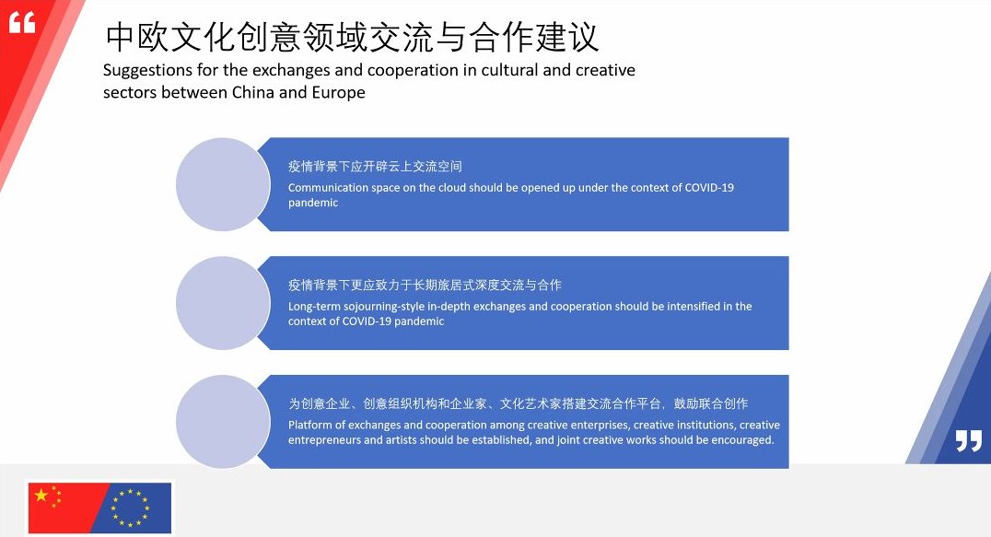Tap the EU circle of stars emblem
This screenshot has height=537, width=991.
[130, 508]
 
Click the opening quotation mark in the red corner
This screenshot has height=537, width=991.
[22, 23]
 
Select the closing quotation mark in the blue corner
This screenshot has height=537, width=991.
[968, 440]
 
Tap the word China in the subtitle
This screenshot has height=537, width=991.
[252, 92]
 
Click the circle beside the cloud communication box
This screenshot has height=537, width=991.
[223, 184]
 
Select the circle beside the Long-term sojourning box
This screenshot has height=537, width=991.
[223, 303]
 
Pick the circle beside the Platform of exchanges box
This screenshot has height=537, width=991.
[223, 422]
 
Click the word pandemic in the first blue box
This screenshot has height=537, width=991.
[313, 203]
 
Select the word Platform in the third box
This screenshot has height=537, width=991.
[309, 426]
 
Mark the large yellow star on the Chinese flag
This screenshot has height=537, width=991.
[41, 496]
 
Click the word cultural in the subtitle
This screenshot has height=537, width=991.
[509, 70]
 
